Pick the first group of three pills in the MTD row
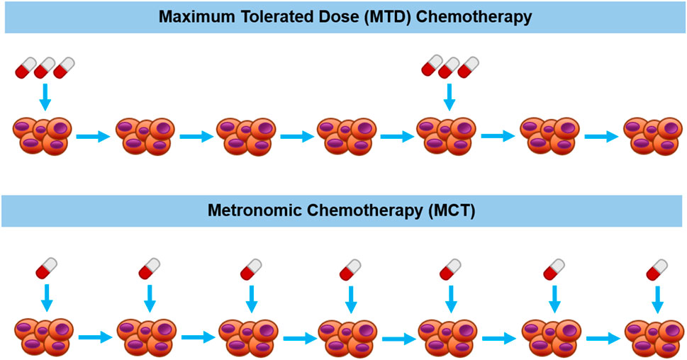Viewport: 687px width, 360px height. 45,69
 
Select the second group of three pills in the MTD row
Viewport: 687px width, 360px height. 449,69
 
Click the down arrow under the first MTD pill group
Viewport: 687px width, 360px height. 45,96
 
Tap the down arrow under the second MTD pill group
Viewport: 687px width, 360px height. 448,96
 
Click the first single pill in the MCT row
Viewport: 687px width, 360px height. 47,269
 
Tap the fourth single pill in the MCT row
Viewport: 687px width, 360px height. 350,269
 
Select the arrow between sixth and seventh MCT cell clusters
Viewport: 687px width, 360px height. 601,338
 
